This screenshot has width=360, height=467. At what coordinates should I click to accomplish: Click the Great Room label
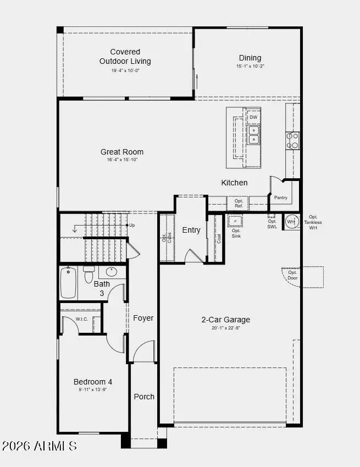click(121, 152)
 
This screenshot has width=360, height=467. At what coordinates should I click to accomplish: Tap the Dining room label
click(250, 58)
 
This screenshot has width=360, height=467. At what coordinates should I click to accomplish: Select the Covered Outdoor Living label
click(125, 57)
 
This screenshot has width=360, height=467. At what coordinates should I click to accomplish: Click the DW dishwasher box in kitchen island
click(253, 117)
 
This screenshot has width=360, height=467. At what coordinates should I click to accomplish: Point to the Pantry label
click(280, 197)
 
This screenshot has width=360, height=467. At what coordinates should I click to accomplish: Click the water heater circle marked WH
click(291, 222)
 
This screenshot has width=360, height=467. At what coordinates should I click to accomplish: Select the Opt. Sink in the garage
click(235, 221)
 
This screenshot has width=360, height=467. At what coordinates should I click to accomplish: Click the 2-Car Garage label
click(225, 320)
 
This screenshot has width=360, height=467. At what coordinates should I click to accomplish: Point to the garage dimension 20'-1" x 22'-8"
click(225, 328)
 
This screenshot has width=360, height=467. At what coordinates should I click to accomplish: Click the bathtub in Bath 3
click(68, 282)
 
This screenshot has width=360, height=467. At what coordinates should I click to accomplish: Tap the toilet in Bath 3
click(88, 274)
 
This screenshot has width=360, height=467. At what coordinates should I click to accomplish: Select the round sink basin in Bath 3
click(112, 272)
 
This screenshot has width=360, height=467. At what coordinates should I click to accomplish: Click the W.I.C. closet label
click(81, 318)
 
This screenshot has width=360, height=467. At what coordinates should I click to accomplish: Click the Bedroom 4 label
click(93, 382)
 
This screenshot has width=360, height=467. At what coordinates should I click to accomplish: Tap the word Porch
click(144, 397)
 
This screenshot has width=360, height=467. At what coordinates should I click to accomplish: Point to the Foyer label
click(143, 318)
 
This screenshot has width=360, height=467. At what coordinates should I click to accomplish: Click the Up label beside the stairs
click(132, 225)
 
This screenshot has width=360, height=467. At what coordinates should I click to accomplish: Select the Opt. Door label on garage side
click(292, 275)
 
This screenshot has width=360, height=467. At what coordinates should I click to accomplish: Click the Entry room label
click(191, 230)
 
